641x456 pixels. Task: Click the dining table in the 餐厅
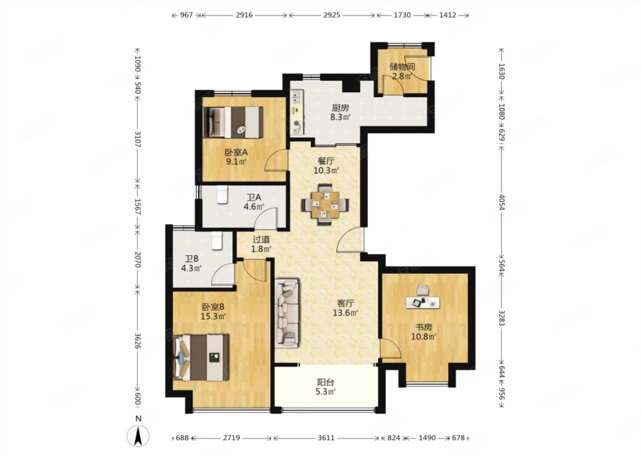[325, 205]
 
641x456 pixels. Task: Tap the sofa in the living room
[287, 313]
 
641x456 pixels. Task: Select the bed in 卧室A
[233, 122]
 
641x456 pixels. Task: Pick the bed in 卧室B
[201, 358]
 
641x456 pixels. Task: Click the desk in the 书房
[423, 302]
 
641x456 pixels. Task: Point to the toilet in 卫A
[222, 195]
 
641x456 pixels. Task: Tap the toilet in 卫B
[217, 240]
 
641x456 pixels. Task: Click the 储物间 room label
[402, 67]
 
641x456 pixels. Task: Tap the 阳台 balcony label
[326, 382]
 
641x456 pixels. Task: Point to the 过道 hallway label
[261, 239]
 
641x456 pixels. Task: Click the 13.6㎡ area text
[346, 313]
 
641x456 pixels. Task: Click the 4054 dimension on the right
[502, 202]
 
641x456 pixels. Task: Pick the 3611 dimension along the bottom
[326, 438]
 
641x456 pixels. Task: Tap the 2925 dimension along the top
[332, 15]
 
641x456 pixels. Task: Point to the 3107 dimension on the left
[138, 139]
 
